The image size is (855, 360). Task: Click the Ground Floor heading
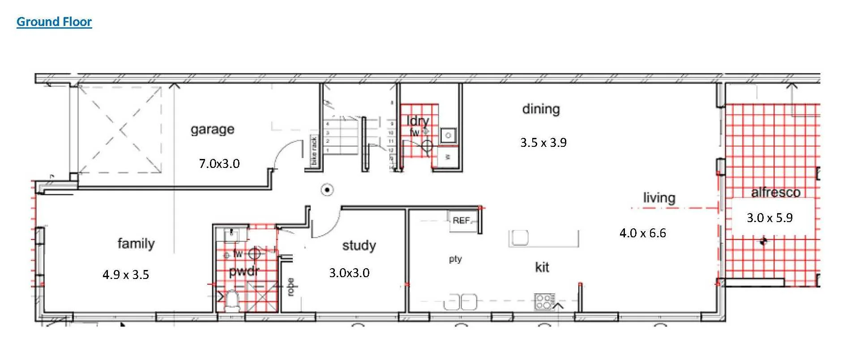click(54, 21)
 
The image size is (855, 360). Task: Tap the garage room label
click(212, 129)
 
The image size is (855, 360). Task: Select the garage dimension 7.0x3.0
click(219, 163)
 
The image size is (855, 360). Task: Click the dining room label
click(541, 109)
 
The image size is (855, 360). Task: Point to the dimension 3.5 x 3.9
click(543, 143)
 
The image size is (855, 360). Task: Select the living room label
click(659, 197)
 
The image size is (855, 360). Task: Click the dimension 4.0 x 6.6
click(642, 233)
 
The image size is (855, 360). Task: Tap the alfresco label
click(775, 193)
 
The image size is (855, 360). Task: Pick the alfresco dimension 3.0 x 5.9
click(769, 218)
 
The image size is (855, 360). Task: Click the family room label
click(136, 244)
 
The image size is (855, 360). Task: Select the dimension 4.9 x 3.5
click(125, 274)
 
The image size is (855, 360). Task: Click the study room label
click(359, 245)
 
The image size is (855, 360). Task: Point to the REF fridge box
click(462, 220)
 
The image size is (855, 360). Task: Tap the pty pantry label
click(455, 259)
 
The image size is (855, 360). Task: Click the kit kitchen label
click(542, 267)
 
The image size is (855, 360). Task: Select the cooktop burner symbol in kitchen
click(544, 301)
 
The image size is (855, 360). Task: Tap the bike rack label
click(314, 150)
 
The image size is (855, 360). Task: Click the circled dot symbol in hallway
click(328, 190)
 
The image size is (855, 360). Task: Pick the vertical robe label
click(291, 287)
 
